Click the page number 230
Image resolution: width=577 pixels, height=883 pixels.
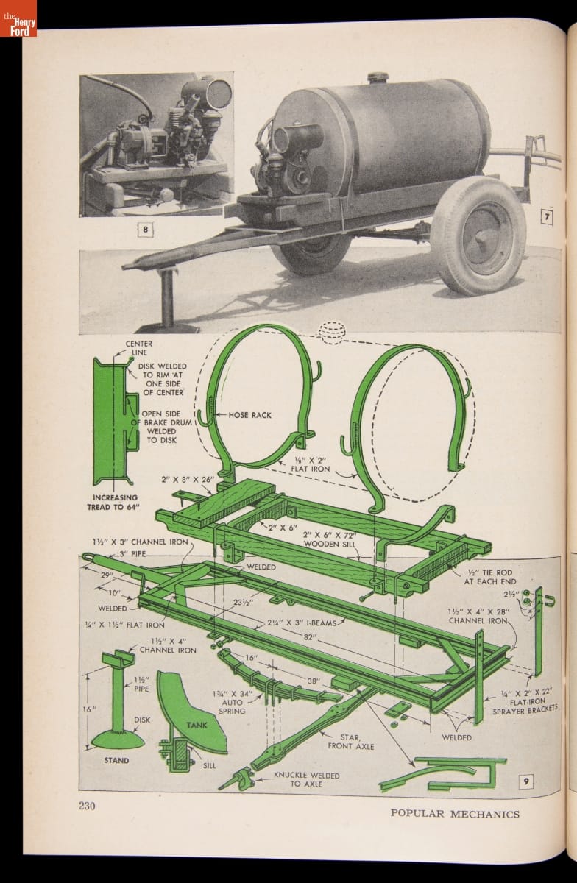click(x=88, y=806)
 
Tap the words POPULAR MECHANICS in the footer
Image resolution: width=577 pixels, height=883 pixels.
click(x=454, y=813)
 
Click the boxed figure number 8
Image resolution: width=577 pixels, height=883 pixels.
click(x=146, y=230)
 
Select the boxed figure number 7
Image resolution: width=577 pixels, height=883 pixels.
click(x=547, y=217)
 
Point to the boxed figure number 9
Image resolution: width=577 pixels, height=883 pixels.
click(x=525, y=781)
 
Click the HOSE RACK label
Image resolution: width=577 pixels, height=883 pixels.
click(x=249, y=415)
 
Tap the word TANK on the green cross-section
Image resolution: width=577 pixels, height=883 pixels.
click(x=197, y=725)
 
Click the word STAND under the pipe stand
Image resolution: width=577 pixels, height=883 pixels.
click(x=116, y=760)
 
